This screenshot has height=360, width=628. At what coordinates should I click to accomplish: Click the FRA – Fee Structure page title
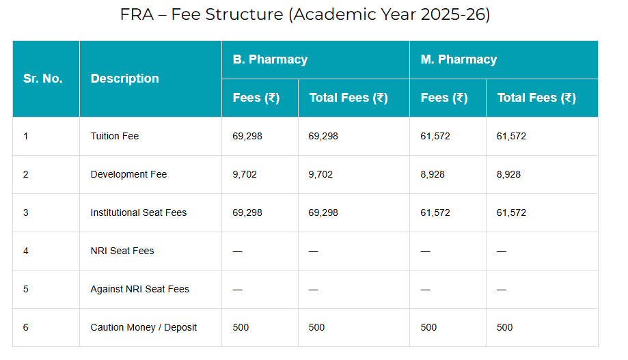click(305, 15)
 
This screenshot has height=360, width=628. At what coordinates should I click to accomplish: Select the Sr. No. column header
click(42, 79)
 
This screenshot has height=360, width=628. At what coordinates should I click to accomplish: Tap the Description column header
click(124, 79)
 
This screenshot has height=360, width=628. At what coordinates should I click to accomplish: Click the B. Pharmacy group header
click(270, 59)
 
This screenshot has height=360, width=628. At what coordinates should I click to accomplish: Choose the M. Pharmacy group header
click(459, 59)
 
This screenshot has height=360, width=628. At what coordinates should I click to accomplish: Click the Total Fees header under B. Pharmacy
click(349, 98)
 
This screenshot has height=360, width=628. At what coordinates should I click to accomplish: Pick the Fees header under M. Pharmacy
click(444, 98)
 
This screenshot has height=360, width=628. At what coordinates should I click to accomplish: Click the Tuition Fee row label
click(114, 136)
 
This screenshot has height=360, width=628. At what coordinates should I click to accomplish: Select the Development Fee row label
click(128, 174)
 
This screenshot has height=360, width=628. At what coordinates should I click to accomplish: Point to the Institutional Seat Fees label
click(138, 212)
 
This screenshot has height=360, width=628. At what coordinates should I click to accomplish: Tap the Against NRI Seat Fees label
click(139, 289)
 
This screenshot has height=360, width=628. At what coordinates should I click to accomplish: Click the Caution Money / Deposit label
click(144, 327)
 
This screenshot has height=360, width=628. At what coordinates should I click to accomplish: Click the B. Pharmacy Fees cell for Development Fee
click(245, 174)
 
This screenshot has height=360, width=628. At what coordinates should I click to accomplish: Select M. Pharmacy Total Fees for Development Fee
click(508, 174)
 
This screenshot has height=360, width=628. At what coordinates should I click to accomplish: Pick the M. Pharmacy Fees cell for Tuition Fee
click(435, 136)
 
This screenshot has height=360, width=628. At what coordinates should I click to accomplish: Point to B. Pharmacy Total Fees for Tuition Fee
click(323, 136)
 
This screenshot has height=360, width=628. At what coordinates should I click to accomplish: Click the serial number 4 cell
click(26, 251)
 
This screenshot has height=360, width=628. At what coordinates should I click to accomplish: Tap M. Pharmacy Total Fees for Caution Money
click(504, 327)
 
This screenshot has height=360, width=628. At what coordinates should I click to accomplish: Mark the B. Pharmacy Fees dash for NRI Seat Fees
click(237, 251)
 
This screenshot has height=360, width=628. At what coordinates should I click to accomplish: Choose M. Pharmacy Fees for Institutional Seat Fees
click(435, 212)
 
